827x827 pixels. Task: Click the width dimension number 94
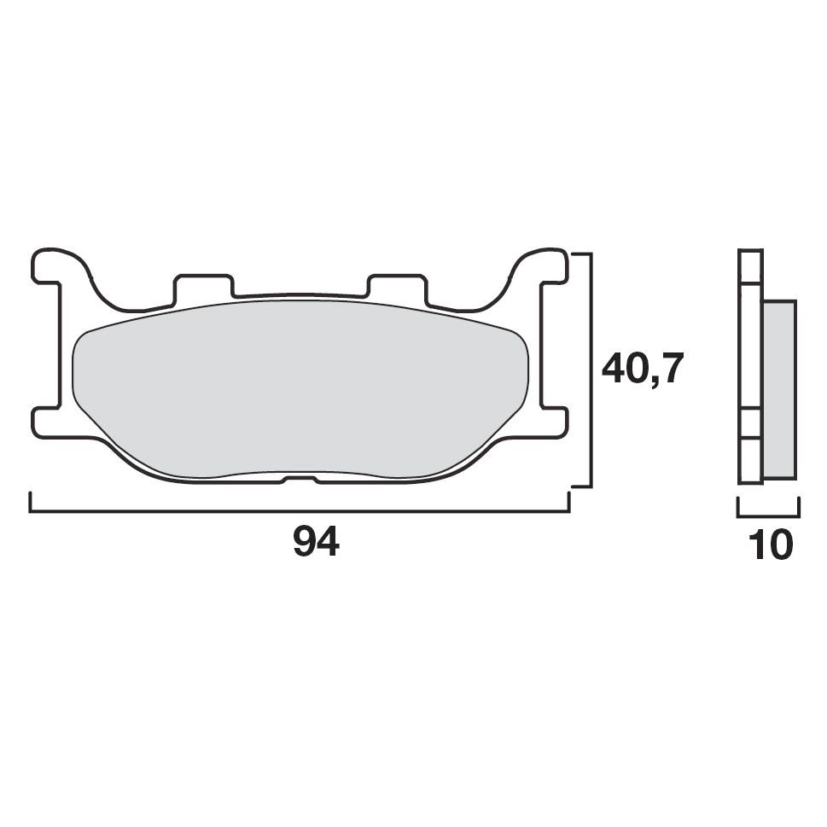[x=316, y=543]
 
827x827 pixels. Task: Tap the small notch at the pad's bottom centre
[x=300, y=480]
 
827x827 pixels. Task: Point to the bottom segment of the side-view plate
[x=748, y=466]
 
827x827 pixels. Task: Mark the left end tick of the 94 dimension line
[x=32, y=503]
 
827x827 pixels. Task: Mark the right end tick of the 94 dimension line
[x=568, y=503]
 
